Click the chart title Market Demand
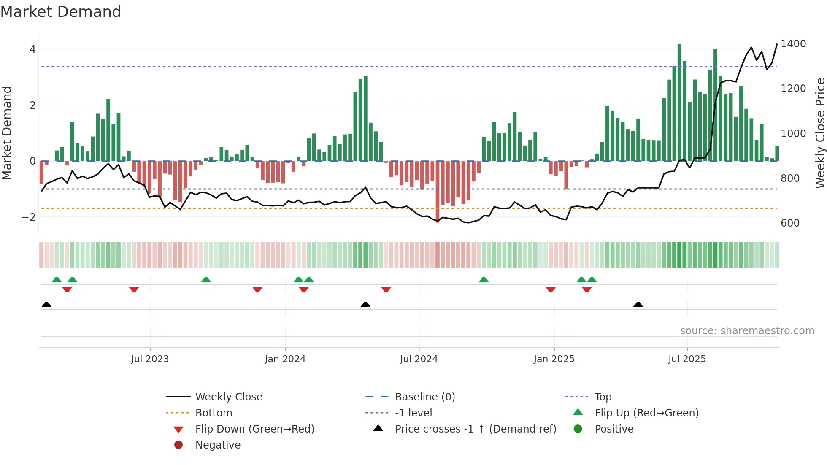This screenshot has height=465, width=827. point(61,12)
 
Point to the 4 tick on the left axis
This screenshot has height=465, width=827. point(32,49)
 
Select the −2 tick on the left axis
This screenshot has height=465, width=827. point(29,217)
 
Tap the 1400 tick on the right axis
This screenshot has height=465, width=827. point(793,44)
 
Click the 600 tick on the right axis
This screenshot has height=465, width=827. point(790,223)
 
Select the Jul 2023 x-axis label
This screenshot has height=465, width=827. point(150,359)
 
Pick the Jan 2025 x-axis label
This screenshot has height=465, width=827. point(554,359)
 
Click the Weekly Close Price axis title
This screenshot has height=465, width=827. point(820,133)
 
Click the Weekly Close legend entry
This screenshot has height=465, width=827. point(228,397)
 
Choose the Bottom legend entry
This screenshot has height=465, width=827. point(214,413)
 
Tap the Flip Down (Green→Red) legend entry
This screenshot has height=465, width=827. point(254,429)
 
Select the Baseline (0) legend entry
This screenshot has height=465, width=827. point(424,397)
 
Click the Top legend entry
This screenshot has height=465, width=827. point(603,397)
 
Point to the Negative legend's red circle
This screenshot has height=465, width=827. point(178,445)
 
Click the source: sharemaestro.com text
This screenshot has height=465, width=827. point(747,331)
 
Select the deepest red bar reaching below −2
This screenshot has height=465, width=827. point(438,192)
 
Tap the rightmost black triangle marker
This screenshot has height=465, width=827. point(638,305)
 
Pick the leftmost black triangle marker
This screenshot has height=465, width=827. point(46,305)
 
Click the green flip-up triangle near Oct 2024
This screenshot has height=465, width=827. point(484,280)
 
